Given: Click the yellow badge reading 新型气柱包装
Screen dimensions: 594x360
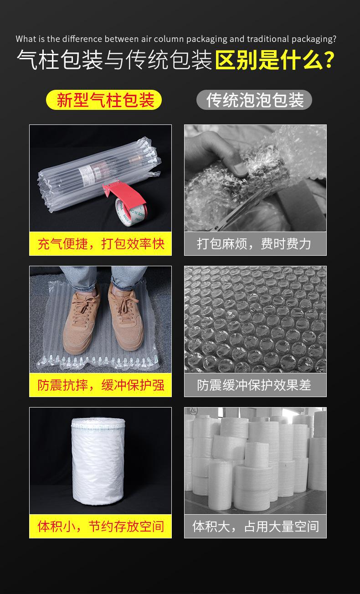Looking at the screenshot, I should [104, 100].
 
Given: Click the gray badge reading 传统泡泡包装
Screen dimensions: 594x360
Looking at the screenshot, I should [254, 100].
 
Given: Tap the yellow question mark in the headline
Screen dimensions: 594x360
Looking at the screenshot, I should [327, 60].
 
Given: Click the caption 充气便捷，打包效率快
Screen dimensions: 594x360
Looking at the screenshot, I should [100, 244].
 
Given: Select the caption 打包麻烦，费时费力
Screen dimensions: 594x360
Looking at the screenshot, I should [255, 244].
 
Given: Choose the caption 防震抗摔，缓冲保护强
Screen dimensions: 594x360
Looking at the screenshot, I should [100, 385].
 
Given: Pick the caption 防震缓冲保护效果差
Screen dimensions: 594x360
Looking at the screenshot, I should [255, 385].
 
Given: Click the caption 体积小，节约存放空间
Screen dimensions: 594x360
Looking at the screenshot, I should [100, 527].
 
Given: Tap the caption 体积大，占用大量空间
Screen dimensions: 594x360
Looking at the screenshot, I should [255, 527].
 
